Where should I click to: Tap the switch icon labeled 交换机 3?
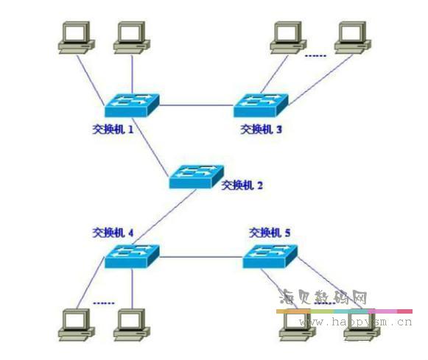261,105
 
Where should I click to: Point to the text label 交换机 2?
242,186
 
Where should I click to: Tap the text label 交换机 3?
261,130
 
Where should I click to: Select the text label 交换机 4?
113,233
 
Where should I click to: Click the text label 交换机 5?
270,233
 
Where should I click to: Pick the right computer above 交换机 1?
131,36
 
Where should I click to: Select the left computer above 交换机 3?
286,36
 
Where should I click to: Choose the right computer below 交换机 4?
131,324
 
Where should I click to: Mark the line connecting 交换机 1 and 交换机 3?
197,105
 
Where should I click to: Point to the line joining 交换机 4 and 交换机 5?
201,256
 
